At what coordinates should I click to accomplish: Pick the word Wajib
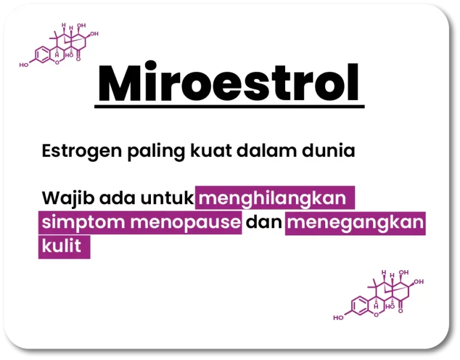click(68, 198)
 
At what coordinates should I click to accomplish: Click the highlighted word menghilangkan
click(273, 198)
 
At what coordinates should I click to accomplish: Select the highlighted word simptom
click(83, 223)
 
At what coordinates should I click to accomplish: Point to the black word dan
click(264, 222)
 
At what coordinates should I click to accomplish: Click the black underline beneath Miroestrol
click(229, 107)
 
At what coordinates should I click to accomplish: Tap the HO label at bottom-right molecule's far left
click(338, 317)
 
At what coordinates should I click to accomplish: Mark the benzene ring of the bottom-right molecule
click(359, 306)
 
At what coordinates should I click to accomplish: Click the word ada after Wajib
click(117, 198)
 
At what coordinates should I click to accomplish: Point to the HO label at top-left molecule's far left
click(24, 65)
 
